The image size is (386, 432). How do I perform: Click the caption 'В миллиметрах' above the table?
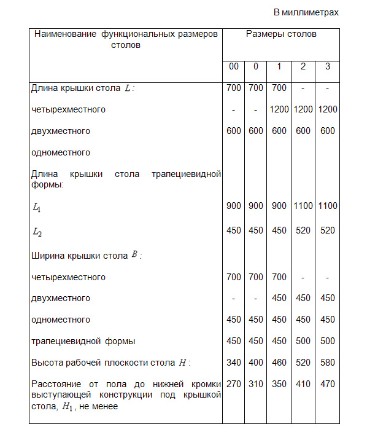tap(306, 12)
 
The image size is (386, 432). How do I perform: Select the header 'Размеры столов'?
tap(281, 34)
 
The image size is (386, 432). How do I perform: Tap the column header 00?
tap(233, 66)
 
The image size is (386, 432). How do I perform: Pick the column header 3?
tap(328, 66)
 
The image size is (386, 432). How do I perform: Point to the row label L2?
tap(36, 232)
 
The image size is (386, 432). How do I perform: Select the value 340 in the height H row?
tap(233, 363)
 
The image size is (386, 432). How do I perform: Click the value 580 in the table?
tap(328, 363)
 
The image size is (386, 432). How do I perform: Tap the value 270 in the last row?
tap(233, 384)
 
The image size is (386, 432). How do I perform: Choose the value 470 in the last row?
tap(328, 384)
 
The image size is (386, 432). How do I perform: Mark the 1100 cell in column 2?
tap(303, 206)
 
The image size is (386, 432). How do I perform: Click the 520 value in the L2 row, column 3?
tap(328, 230)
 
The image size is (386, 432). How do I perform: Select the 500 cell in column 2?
tap(303, 341)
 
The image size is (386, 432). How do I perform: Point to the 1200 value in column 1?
tap(279, 109)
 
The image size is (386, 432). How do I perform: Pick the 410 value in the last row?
tap(303, 384)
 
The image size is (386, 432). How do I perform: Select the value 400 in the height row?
tap(256, 363)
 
